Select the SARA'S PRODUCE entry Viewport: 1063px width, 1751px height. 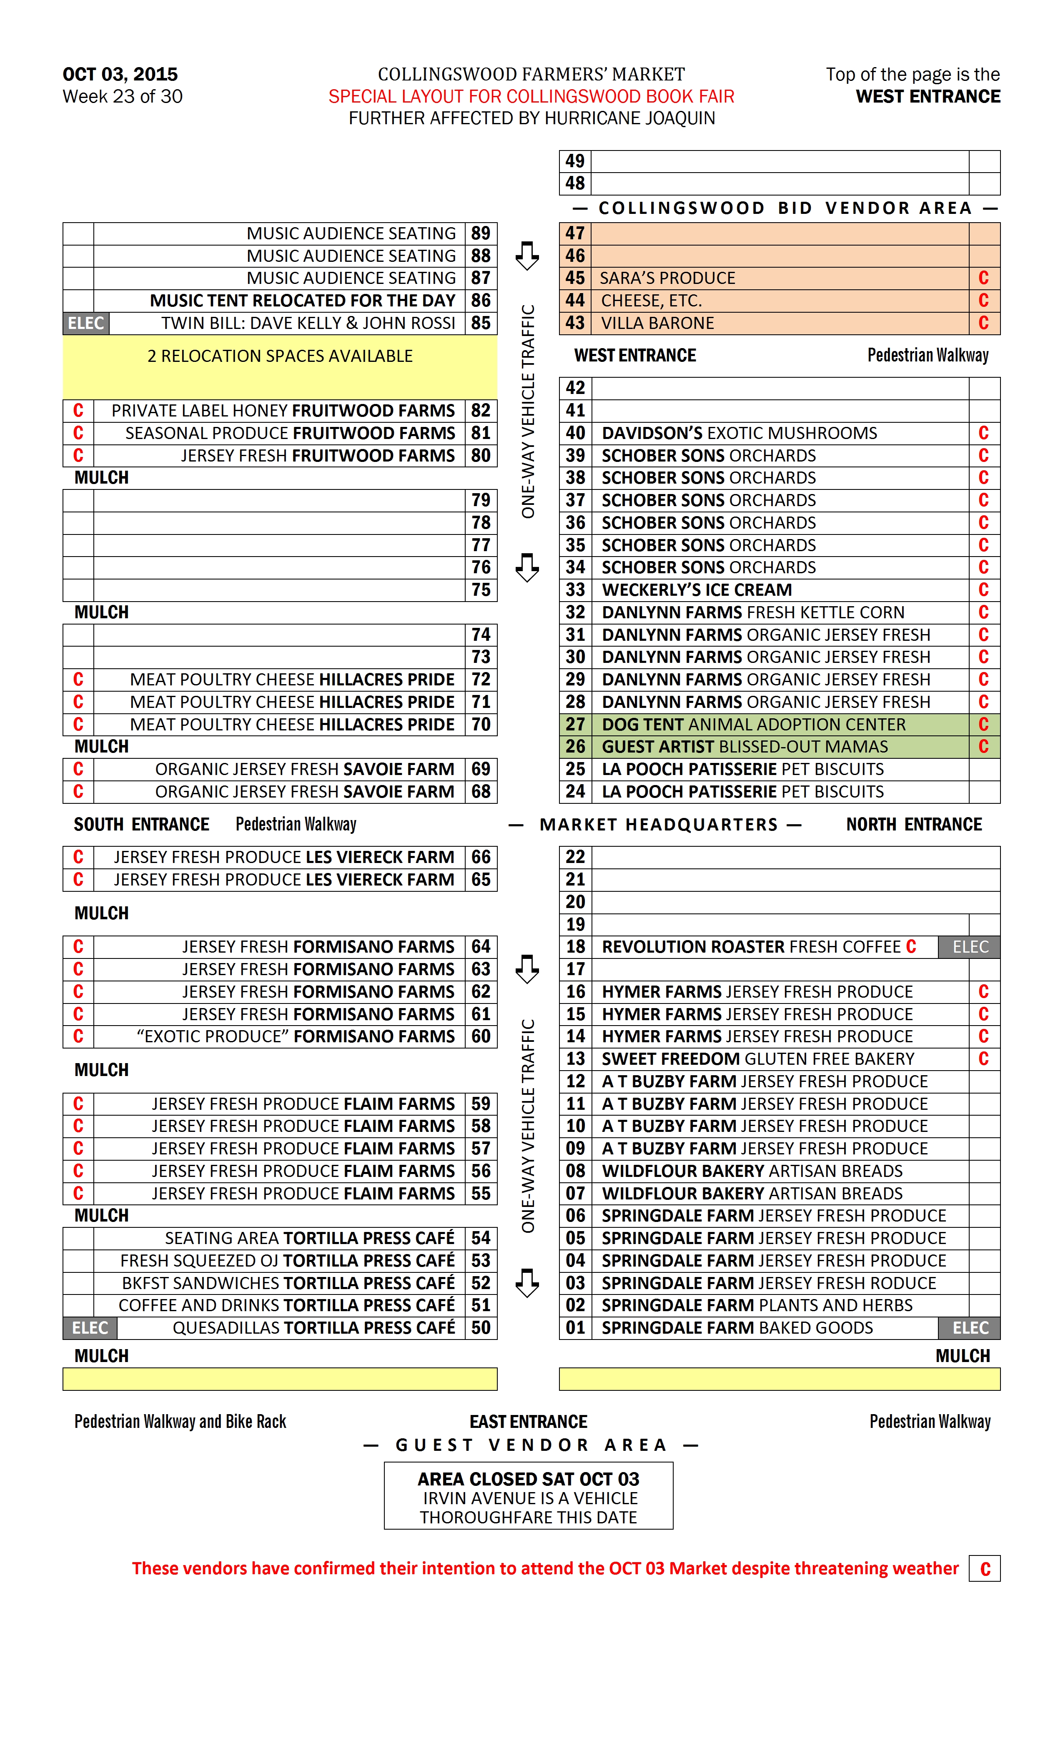tap(667, 278)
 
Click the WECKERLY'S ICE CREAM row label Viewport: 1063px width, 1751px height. tap(696, 590)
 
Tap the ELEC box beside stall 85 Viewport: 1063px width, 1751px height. tap(86, 324)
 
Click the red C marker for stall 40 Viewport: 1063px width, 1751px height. tap(983, 434)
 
